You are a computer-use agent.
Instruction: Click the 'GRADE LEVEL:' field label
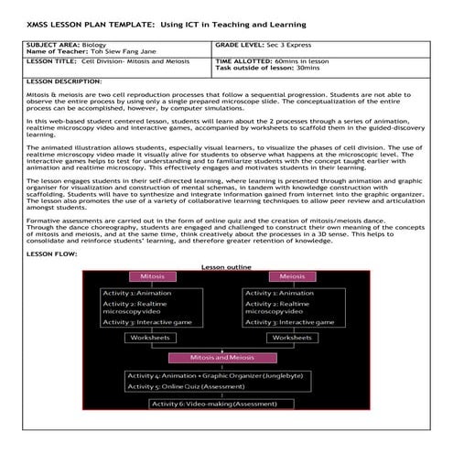[x=241, y=44]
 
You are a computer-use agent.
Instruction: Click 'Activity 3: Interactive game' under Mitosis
[x=150, y=323]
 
